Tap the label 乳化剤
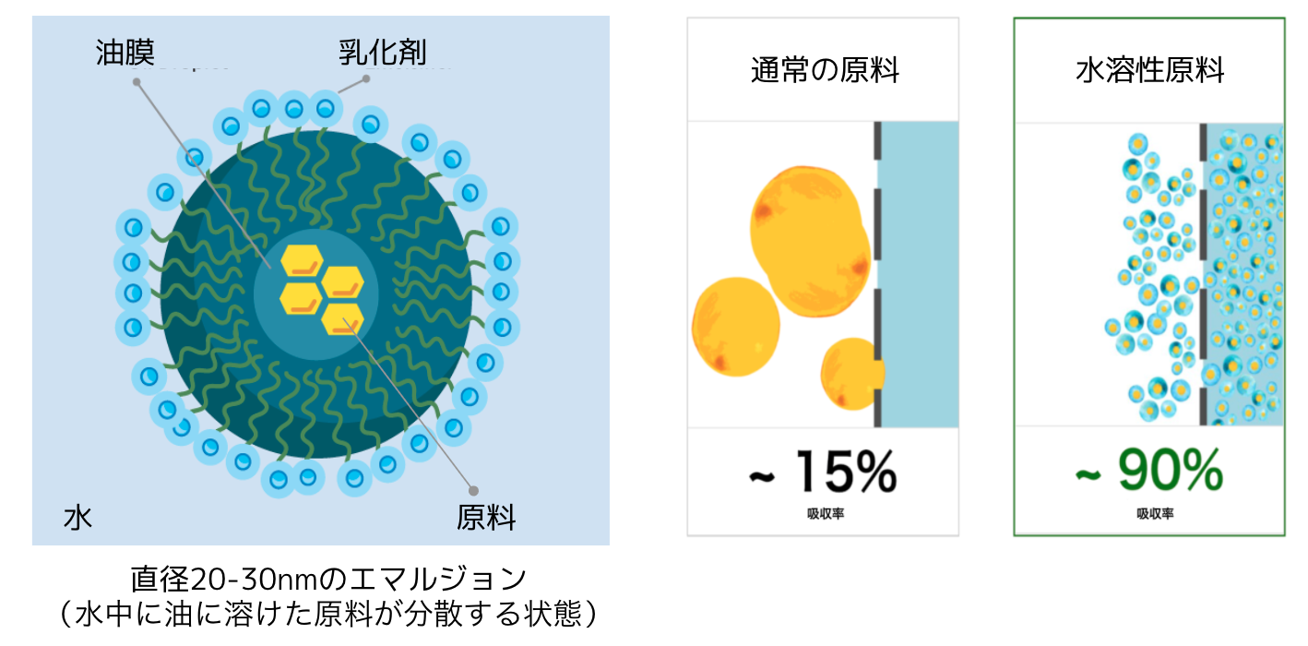click(382, 52)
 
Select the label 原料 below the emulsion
click(486, 517)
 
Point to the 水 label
click(77, 517)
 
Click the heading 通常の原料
click(824, 70)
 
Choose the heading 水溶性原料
click(1149, 70)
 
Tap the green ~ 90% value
click(1149, 472)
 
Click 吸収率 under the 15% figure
click(824, 513)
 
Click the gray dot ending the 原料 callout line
click(474, 490)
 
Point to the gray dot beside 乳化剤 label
click(365, 79)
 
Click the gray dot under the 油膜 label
click(137, 81)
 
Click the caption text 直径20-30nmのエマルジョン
click(328, 580)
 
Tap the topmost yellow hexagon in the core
click(300, 260)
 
